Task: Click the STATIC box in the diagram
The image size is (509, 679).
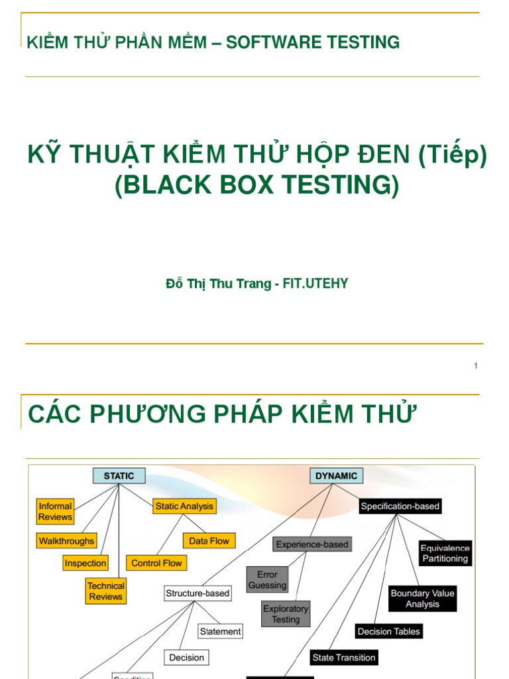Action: pos(119,475)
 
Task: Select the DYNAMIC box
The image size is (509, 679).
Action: pos(336,475)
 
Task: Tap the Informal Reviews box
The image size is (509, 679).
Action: pos(55,511)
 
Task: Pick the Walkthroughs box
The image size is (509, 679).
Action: pos(66,541)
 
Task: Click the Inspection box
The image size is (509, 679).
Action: pos(85,563)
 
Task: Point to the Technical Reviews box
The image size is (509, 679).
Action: pos(106,591)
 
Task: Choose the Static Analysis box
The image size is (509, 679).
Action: pos(184,506)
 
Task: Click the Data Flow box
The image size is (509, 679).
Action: pos(209,541)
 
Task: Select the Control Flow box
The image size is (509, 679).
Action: pos(156,563)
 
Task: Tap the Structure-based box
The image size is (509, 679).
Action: pos(198,593)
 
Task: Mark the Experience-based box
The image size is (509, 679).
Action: pos(312,544)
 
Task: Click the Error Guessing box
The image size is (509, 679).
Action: pos(268,580)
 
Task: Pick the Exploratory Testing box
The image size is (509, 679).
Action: pos(286,614)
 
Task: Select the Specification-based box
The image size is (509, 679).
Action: pos(400,506)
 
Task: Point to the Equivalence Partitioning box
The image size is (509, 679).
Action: pos(445,553)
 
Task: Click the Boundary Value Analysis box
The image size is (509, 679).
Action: pos(422,599)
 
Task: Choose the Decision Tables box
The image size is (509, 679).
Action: pos(388,631)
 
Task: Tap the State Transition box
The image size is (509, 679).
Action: pos(343,658)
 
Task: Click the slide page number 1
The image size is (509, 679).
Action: pos(476,366)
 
